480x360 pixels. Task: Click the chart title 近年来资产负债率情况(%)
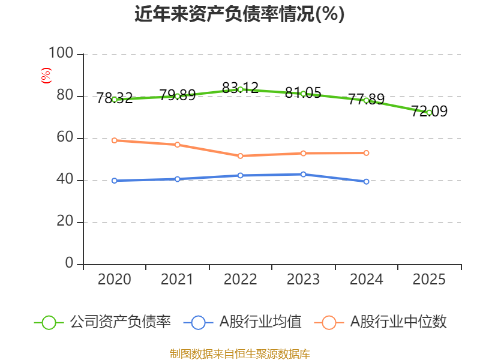pos(239,14)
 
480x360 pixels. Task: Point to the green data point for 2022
pos(240,89)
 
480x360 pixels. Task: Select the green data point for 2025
pos(429,112)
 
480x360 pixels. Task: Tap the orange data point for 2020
pos(114,140)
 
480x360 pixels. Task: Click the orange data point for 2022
pos(240,156)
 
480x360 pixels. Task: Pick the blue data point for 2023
pos(303,174)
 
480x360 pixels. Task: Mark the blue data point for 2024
pos(366,181)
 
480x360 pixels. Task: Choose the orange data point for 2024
pos(366,153)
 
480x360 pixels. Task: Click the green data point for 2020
pos(114,99)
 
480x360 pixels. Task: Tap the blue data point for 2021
pos(177,179)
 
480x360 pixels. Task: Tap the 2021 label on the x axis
pos(177,280)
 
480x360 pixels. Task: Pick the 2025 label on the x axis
pos(429,280)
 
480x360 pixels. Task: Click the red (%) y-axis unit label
pos(46,76)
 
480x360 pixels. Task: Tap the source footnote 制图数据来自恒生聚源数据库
pos(239,353)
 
